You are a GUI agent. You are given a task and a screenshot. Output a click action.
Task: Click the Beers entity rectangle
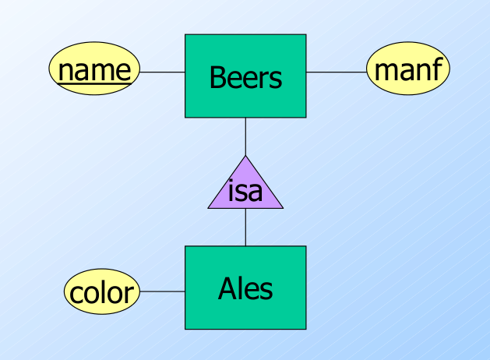(245, 97)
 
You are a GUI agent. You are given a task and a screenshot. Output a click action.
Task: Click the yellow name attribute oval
(94, 71)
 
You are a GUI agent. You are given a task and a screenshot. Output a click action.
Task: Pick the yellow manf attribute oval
(408, 71)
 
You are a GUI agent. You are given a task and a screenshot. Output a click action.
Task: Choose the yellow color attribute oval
(101, 292)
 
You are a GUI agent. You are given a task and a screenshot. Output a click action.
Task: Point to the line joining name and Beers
(161, 72)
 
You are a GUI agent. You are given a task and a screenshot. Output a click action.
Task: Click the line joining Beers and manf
(336, 72)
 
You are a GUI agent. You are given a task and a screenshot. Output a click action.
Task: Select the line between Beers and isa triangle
(245, 136)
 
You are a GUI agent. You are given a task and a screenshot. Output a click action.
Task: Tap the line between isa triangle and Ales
(245, 227)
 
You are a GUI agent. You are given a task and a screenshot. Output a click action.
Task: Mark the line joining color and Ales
(162, 292)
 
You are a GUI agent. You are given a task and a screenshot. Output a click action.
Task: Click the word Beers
(245, 77)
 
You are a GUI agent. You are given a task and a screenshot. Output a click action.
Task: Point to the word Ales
(245, 289)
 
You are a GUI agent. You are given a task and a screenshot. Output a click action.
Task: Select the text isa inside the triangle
(245, 191)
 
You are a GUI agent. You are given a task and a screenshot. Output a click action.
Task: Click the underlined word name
(94, 70)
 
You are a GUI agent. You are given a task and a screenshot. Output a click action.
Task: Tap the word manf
(408, 70)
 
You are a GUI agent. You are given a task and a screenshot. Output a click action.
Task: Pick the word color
(101, 293)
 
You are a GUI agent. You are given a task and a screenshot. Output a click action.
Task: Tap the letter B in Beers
(217, 77)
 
